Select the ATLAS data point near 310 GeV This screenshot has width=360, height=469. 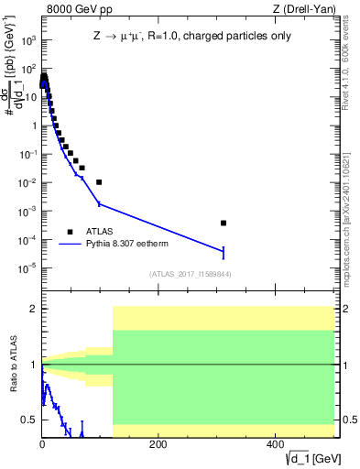pyautogui.click(x=224, y=223)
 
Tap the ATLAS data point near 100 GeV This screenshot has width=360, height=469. pyautogui.click(x=99, y=182)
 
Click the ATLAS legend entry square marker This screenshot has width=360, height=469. pyautogui.click(x=70, y=232)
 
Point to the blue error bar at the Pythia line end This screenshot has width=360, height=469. pyautogui.click(x=224, y=252)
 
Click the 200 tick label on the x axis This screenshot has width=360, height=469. pyautogui.click(x=158, y=444)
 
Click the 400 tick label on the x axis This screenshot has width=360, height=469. pyautogui.click(x=274, y=444)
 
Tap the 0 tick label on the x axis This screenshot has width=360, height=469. pyautogui.click(x=42, y=444)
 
